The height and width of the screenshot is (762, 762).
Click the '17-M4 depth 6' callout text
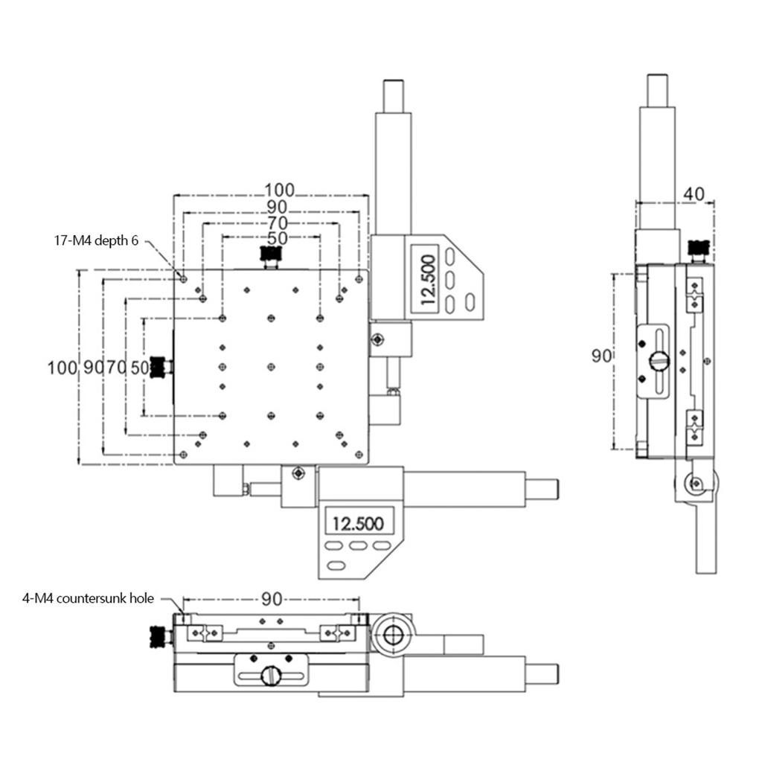(x=96, y=240)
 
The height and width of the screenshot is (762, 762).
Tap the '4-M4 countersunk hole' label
(x=88, y=598)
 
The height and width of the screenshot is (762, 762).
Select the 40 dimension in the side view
(x=694, y=194)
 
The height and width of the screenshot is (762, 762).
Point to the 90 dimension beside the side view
(x=601, y=356)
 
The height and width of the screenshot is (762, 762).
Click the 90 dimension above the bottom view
(x=271, y=599)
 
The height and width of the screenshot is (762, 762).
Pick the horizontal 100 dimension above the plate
(x=279, y=190)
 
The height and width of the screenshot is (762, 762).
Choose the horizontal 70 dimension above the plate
(x=277, y=223)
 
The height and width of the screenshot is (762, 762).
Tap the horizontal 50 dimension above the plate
(x=277, y=238)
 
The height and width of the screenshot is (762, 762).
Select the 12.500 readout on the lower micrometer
(x=358, y=523)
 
